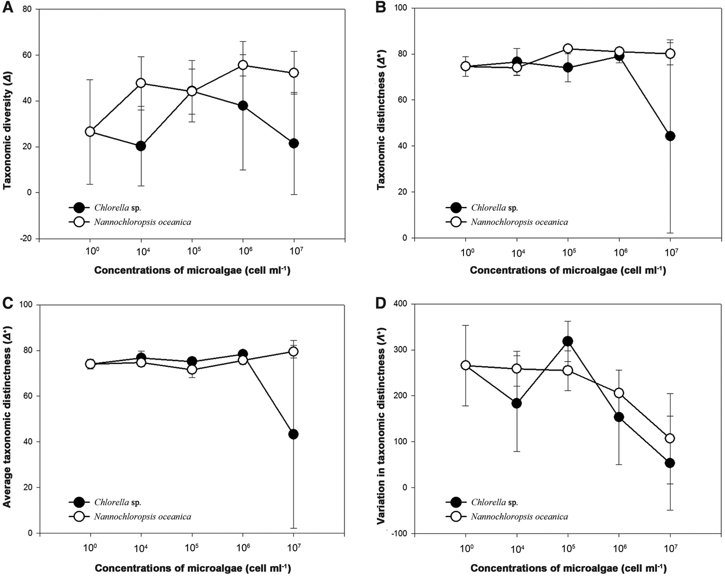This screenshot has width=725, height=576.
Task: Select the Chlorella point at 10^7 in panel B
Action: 670,136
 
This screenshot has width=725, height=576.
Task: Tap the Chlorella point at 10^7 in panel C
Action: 293,434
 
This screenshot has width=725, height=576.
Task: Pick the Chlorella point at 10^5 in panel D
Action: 568,341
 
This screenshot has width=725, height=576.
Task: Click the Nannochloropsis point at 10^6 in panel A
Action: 242,65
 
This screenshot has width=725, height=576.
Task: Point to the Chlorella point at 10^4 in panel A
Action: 140,146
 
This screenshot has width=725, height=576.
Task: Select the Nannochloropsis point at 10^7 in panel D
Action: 670,438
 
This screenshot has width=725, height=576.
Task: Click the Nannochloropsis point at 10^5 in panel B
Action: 568,49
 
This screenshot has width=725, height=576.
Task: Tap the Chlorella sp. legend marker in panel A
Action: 79,208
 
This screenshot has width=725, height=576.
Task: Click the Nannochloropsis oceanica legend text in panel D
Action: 519,516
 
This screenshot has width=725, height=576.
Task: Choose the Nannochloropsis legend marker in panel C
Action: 79,516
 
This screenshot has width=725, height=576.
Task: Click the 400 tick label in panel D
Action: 399,304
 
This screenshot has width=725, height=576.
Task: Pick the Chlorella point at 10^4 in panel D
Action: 516,403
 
